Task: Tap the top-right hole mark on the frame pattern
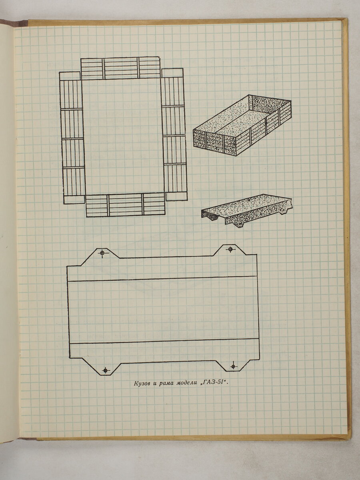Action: [x=230, y=249]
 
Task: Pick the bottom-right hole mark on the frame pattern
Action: [x=234, y=366]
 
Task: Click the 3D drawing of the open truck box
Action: [x=242, y=125]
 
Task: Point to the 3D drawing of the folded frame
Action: [x=246, y=211]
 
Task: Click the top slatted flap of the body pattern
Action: [x=120, y=68]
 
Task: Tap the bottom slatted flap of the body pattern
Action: [x=126, y=205]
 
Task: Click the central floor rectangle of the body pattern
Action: [x=123, y=136]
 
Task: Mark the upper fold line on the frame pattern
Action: [x=162, y=278]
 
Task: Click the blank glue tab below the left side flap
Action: [x=74, y=200]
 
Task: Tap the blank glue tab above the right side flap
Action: [x=172, y=73]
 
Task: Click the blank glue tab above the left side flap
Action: [x=70, y=76]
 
